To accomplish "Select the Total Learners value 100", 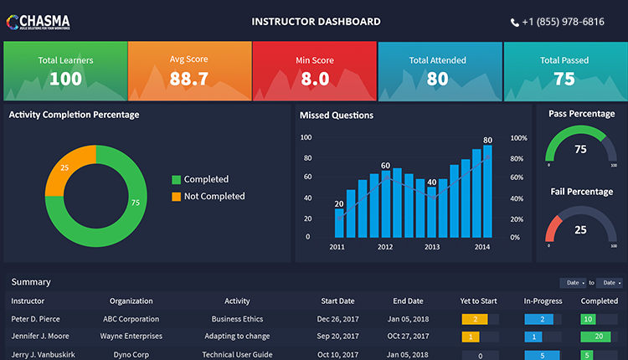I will (x=65, y=80).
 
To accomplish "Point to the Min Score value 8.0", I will (x=314, y=80).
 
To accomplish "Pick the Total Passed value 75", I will (x=564, y=80).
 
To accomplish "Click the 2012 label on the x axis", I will (x=385, y=247).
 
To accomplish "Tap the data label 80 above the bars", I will (x=487, y=140).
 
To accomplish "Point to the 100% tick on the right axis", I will (x=519, y=137).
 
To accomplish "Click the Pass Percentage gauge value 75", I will (x=580, y=150).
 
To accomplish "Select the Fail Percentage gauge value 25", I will (x=580, y=230).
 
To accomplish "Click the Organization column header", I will (x=131, y=301).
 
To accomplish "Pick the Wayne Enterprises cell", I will (x=131, y=337).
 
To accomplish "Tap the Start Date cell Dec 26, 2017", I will (x=337, y=319).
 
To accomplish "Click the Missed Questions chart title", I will (x=337, y=116).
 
